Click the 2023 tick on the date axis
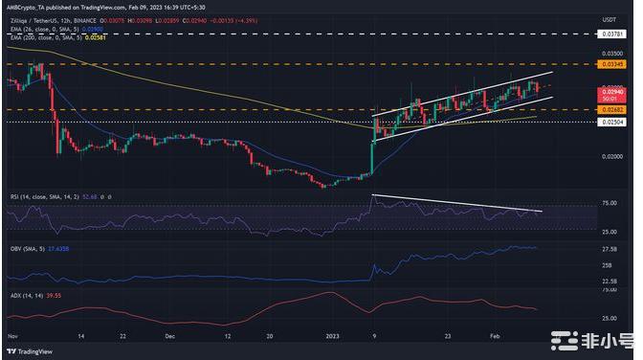[x=331, y=336]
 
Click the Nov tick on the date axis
[x=11, y=336]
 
